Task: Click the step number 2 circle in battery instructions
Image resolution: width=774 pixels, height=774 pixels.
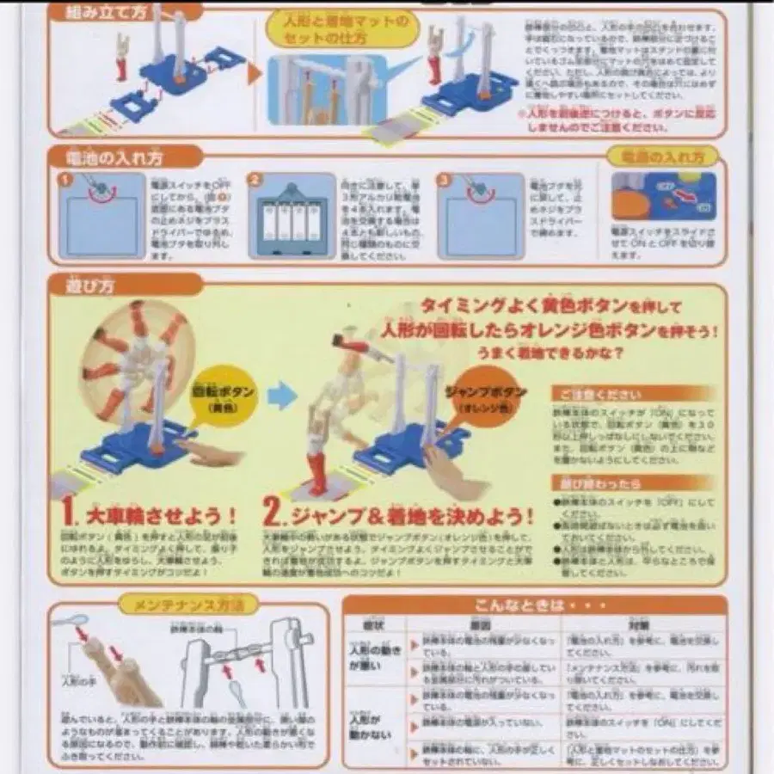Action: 255,181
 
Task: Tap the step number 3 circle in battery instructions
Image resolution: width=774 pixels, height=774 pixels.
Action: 443,181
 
